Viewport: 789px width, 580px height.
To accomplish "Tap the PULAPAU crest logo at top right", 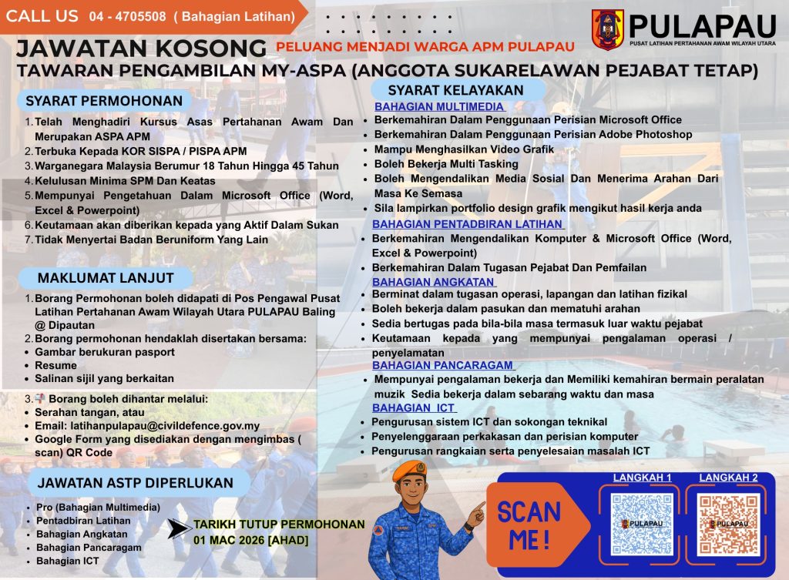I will pos(607,30).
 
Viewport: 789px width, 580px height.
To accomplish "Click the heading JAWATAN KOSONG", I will pos(141,48).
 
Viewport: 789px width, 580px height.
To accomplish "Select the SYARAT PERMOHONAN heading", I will pos(104,101).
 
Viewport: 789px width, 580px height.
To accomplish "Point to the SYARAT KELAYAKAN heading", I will pos(455,90).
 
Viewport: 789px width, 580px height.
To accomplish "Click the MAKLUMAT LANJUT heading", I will pos(106,277).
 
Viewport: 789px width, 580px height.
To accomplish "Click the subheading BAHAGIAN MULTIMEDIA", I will pos(439,106).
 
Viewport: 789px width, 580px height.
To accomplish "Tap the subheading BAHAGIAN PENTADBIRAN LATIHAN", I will pos(468,224).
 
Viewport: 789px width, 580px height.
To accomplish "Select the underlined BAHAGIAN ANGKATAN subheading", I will pos(433,281).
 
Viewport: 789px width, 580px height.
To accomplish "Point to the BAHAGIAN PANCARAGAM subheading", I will pos(443,364).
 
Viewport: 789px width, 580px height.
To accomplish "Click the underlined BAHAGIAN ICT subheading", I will pos(414,407).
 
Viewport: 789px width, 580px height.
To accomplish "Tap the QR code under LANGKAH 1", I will pos(641,524).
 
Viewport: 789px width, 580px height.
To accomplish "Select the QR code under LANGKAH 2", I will pos(728,524).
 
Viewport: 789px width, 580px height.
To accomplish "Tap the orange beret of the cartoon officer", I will pos(408,468).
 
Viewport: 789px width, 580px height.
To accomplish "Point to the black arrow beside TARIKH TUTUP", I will pos(180,528).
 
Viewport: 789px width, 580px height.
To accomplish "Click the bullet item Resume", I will pos(55,365).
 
